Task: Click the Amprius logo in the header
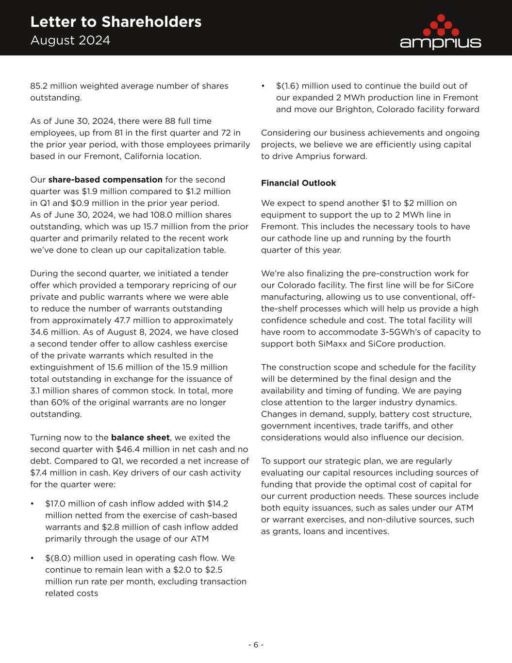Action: [x=440, y=32]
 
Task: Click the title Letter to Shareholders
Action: [x=116, y=22]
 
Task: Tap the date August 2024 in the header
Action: [x=70, y=40]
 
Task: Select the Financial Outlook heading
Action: [x=298, y=183]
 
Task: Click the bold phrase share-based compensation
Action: [x=105, y=180]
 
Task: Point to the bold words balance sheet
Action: [x=140, y=438]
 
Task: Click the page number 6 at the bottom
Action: [x=256, y=645]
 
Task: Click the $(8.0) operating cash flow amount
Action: [x=58, y=558]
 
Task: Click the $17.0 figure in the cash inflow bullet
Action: [x=57, y=504]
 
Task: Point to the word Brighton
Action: [x=353, y=109]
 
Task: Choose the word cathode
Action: [x=292, y=238]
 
